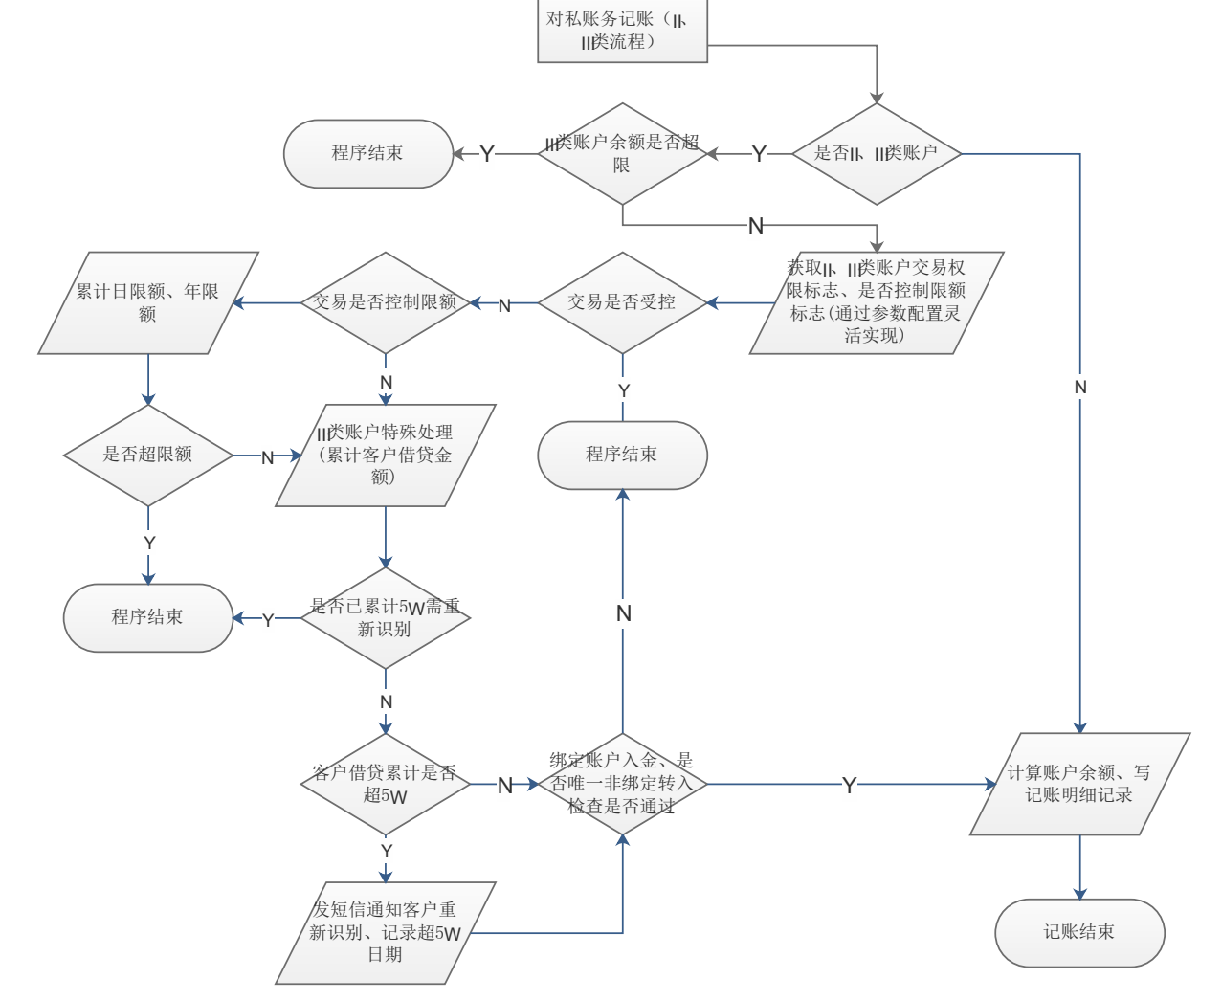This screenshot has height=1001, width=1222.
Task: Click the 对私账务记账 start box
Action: click(x=622, y=31)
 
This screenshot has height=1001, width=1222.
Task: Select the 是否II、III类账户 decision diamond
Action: click(x=876, y=153)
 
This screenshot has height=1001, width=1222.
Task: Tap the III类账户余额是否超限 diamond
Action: click(x=622, y=153)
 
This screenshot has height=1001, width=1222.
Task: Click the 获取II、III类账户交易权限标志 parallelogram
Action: click(x=876, y=302)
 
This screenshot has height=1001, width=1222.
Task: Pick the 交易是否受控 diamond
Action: click(x=622, y=302)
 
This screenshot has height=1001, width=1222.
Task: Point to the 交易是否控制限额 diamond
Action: click(x=386, y=302)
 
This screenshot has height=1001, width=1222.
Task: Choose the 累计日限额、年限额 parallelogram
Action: click(x=148, y=302)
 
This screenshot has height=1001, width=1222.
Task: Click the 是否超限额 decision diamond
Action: click(x=148, y=455)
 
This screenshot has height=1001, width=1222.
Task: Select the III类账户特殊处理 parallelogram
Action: click(x=386, y=455)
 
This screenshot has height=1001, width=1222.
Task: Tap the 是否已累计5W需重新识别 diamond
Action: click(x=386, y=617)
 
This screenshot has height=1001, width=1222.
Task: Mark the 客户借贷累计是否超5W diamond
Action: click(x=386, y=785)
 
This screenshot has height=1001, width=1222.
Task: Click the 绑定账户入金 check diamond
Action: click(x=622, y=784)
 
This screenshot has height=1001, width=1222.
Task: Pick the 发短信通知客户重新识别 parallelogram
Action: click(x=386, y=932)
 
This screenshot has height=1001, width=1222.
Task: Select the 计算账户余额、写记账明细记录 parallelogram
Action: click(x=1079, y=784)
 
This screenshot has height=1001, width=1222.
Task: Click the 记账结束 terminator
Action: click(x=1079, y=932)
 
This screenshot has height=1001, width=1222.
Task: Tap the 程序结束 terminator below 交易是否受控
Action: click(x=622, y=455)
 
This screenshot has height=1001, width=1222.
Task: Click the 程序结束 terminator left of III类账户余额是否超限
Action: click(x=368, y=153)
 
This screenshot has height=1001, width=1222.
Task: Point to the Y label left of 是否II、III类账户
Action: click(x=759, y=153)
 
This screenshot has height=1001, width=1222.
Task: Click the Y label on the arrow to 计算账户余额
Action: click(x=849, y=785)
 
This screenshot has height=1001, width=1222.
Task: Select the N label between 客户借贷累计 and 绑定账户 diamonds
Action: click(x=505, y=786)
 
